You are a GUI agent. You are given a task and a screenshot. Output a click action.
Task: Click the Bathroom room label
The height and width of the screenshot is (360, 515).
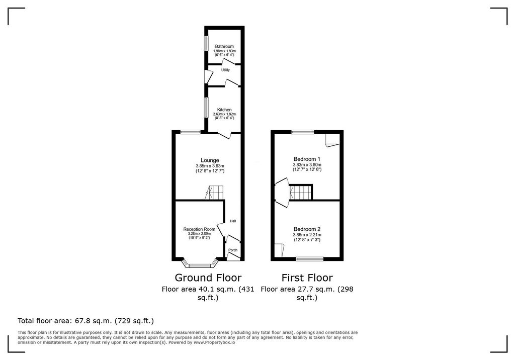224,47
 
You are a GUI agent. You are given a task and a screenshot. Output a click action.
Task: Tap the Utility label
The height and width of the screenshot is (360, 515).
225,70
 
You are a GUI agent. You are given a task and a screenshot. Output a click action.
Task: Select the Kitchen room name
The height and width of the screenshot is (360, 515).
224,110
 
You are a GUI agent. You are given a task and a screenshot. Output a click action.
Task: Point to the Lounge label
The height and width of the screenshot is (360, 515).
210,160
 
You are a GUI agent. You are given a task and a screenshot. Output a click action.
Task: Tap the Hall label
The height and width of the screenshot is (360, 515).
233,221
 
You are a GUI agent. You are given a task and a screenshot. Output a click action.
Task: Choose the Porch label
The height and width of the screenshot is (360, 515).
233,250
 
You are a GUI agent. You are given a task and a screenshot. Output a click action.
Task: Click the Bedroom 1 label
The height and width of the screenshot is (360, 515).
307,159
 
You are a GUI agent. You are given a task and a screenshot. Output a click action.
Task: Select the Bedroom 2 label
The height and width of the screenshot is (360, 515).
307,229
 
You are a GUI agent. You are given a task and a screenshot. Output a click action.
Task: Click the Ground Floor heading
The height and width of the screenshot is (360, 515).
208,278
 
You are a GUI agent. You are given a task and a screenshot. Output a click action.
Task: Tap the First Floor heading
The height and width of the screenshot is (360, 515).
307,278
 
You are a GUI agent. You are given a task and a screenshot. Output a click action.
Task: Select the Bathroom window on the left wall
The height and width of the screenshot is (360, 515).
206,43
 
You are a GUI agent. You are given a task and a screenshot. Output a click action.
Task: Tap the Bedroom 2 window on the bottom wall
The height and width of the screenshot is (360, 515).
309,259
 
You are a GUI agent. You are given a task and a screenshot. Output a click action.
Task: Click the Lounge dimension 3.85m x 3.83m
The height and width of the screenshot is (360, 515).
210,166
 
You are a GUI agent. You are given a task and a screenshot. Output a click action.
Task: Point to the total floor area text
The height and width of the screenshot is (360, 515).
85,321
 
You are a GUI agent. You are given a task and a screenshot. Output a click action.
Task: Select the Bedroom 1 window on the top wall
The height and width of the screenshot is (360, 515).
303,132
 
